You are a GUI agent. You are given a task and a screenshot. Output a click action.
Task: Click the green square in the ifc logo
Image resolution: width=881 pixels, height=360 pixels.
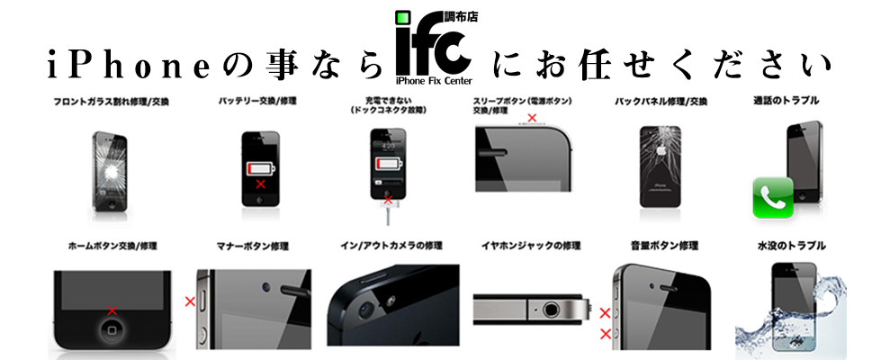402,18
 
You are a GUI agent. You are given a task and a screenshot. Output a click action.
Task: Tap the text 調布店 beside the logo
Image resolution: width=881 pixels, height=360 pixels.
462,17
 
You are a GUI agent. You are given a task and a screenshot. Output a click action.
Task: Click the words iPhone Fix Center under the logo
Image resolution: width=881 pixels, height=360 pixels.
434,80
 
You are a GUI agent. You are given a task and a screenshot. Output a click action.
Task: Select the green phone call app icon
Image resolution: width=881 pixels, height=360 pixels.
772,198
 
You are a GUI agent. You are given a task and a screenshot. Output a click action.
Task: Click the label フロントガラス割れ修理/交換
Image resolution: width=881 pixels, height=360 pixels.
112,103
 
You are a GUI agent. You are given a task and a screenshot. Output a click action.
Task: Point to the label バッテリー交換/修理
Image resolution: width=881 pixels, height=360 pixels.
257,101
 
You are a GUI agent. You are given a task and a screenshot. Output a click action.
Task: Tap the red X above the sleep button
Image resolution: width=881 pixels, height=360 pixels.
532,118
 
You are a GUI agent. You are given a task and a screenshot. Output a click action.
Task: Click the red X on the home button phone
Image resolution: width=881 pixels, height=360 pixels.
112,310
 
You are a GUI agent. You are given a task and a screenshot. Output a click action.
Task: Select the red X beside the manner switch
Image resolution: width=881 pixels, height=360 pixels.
190,301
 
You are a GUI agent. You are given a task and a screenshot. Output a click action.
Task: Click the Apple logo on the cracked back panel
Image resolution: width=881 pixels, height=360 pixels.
661,150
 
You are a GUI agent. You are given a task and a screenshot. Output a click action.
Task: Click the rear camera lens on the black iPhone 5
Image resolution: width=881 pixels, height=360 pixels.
365,309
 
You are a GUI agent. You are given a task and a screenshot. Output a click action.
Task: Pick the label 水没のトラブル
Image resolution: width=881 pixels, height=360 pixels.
791,246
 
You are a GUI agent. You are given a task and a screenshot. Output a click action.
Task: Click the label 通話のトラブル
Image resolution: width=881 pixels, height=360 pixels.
786,101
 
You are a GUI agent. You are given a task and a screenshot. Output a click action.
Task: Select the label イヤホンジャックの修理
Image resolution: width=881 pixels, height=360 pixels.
530,246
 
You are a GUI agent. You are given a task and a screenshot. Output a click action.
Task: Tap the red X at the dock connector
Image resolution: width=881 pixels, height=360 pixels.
388,199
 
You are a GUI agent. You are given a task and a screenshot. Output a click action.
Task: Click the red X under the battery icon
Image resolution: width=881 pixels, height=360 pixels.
261,184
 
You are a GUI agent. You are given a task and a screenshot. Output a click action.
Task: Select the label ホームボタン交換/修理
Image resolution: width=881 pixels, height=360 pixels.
112,246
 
